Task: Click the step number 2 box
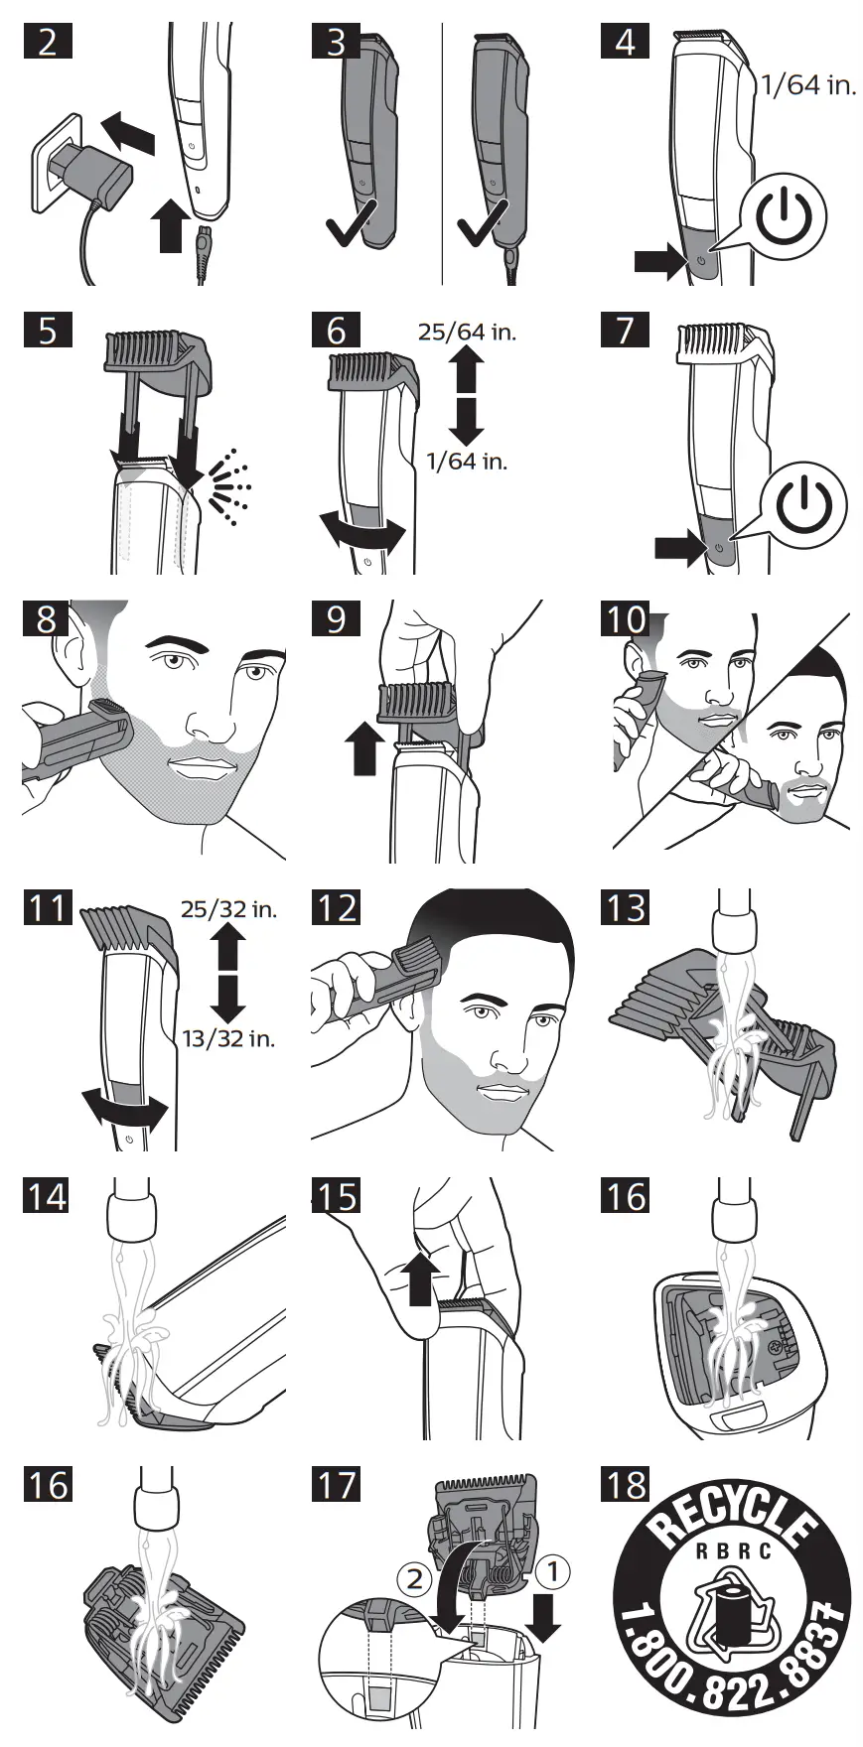(47, 43)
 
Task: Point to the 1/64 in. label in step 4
(806, 85)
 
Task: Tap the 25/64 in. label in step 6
(467, 332)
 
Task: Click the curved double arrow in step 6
(362, 532)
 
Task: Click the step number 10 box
(626, 619)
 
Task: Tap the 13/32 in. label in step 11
(228, 1039)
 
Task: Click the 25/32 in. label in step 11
(228, 908)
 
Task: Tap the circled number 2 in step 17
(415, 1578)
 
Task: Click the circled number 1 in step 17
(552, 1571)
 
